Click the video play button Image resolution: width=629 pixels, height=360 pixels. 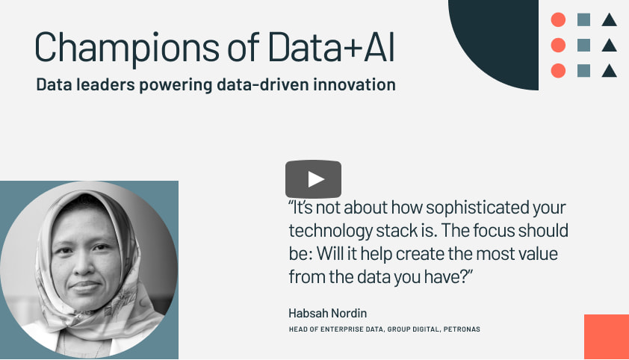tap(313, 179)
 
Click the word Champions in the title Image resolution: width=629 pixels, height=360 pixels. tap(127, 48)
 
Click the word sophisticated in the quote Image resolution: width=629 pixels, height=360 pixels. tap(477, 208)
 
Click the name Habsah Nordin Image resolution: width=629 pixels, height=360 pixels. tap(328, 313)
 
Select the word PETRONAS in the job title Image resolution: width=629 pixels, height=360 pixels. tap(462, 329)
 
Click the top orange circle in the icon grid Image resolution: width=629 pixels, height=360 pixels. tap(558, 19)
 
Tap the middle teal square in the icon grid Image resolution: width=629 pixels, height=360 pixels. tap(583, 46)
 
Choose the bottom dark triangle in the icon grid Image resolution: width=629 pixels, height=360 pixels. tap(609, 70)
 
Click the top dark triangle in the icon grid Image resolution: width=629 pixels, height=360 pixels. tap(609, 19)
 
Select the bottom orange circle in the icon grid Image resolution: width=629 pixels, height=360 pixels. tap(558, 70)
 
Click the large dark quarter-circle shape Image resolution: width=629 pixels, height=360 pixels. tap(501, 40)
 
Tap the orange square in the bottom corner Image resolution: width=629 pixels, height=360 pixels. tap(607, 337)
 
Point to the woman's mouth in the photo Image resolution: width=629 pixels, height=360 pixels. tap(85, 287)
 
